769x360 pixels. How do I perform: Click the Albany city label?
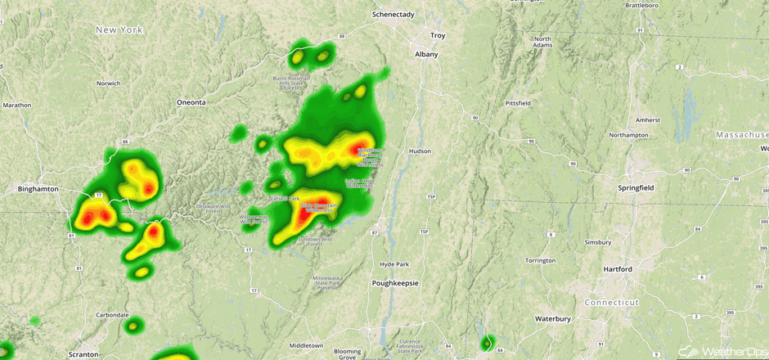click(426, 55)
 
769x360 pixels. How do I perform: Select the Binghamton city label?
click(38, 189)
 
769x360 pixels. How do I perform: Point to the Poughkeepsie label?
click(394, 283)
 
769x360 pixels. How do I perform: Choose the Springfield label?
click(636, 188)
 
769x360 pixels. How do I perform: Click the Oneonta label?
click(191, 102)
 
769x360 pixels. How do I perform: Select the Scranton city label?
click(83, 354)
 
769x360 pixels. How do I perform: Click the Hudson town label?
click(420, 151)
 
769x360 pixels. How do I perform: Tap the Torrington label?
click(540, 260)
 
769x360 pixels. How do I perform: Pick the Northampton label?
click(628, 135)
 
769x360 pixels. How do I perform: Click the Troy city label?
click(438, 36)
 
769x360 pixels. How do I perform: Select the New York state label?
click(119, 30)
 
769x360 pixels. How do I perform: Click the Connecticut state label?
click(612, 303)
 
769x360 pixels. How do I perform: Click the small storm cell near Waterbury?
click(488, 343)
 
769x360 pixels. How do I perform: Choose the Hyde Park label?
click(393, 263)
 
